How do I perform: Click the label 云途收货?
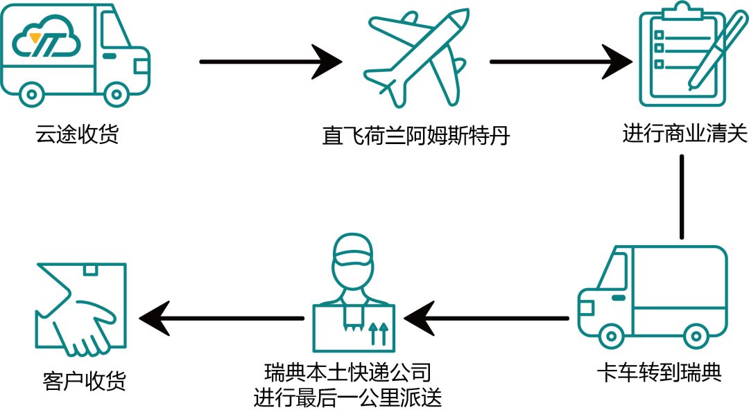tap(77, 134)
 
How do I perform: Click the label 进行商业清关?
tap(685, 133)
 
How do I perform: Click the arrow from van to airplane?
tap(270, 62)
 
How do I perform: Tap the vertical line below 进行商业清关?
tap(682, 197)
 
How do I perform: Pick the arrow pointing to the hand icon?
tap(222, 318)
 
